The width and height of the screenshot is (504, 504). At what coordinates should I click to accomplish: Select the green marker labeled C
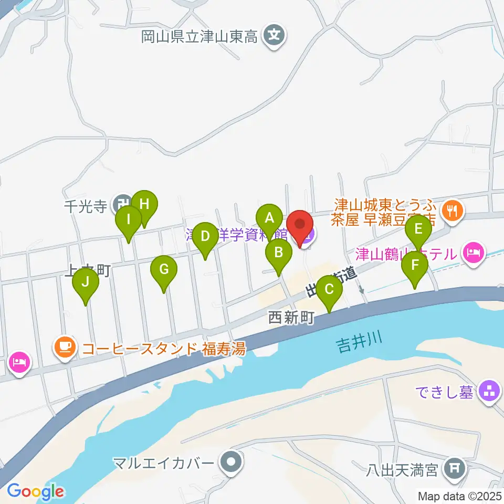coord(329,289)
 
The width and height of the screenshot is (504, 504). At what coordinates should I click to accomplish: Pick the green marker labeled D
coord(205,236)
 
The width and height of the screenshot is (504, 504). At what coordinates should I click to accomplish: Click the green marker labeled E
coord(418,229)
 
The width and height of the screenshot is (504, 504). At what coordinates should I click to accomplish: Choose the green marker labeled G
coord(164,270)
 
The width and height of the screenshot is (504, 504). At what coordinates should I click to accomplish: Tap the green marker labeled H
coord(144,204)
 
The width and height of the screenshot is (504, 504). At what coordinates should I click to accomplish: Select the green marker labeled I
coord(129,219)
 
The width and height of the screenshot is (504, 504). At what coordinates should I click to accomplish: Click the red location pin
coord(300,226)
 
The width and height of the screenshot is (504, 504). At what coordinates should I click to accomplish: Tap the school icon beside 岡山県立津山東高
coord(274,36)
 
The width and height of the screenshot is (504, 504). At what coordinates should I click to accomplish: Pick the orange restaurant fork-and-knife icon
coord(451,211)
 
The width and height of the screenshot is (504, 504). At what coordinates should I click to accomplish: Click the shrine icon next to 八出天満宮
coord(454,467)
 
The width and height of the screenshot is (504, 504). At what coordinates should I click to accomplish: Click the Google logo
coord(35,491)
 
